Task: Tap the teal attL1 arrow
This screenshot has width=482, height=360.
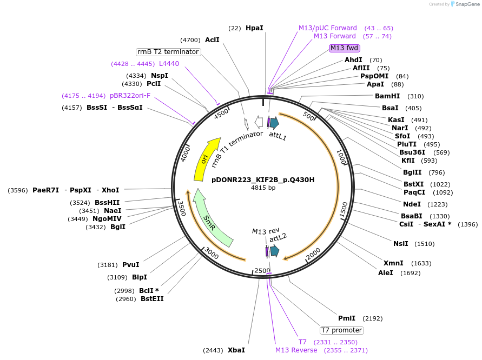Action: click(274, 123)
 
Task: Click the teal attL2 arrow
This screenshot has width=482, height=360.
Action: click(274, 250)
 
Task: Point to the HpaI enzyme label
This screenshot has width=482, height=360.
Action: click(254, 28)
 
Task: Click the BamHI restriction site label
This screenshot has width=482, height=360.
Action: click(387, 96)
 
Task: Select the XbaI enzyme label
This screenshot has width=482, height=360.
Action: click(236, 350)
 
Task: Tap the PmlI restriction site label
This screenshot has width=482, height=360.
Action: click(347, 318)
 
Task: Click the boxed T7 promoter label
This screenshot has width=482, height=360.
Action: click(342, 330)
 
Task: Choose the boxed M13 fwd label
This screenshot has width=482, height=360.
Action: click(345, 48)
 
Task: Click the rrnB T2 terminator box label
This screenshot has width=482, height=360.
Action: click(168, 52)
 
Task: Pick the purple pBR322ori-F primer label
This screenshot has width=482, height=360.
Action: click(130, 96)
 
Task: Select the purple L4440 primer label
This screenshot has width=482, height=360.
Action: click(169, 64)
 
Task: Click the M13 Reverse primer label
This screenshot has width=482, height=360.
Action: click(296, 350)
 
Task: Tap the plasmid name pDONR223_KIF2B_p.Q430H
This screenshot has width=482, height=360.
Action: click(263, 179)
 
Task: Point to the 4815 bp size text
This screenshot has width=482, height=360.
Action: click(263, 188)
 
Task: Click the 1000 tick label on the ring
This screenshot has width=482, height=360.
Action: click(341, 157)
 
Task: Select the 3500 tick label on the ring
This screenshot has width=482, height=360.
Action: click(182, 209)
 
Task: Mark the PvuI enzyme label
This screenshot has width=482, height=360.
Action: click(130, 265)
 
